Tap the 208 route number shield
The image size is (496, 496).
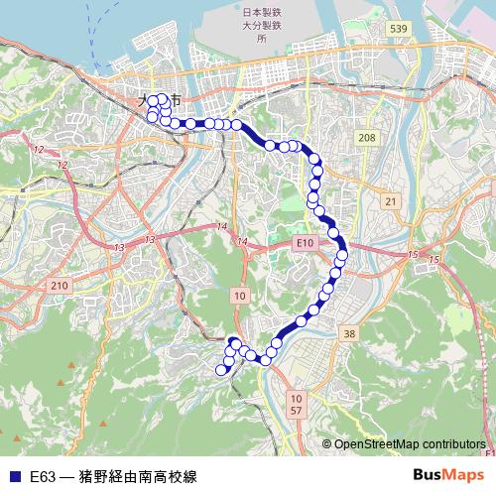pyautogui.click(x=367, y=137)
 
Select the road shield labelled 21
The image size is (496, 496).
pyautogui.click(x=391, y=201)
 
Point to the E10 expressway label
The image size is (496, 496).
pyautogui.click(x=305, y=242)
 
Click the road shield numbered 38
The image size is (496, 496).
pyautogui.click(x=348, y=334)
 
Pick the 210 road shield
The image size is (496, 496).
pyautogui.click(x=60, y=286)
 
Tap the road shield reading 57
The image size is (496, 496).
pyautogui.click(x=297, y=409)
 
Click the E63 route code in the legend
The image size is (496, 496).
pyautogui.click(x=43, y=476)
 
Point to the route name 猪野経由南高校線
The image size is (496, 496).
pyautogui.click(x=138, y=476)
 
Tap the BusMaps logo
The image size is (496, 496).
pyautogui.click(x=447, y=475)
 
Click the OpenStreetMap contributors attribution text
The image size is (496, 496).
pyautogui.click(x=410, y=444)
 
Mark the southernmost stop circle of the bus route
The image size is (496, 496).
pyautogui.click(x=221, y=371)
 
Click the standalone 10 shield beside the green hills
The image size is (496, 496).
pyautogui.click(x=240, y=296)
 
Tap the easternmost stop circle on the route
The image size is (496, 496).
pyautogui.click(x=342, y=255)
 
